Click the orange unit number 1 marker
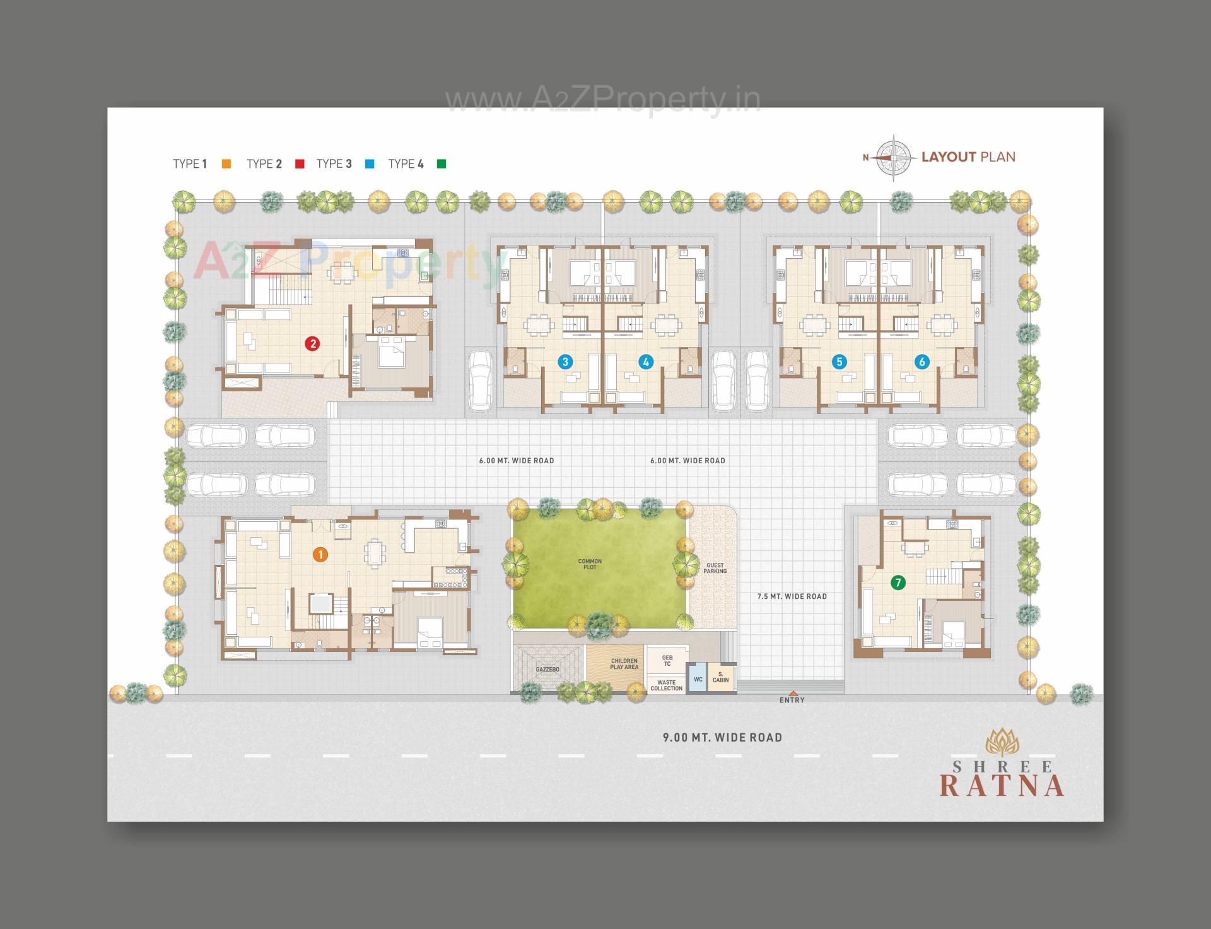click(320, 555)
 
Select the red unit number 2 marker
click(312, 344)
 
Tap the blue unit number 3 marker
click(565, 362)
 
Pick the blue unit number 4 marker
click(645, 362)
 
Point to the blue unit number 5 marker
click(839, 362)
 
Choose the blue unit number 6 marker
click(922, 362)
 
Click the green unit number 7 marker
click(898, 583)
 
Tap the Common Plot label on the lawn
click(590, 564)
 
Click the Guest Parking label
click(715, 568)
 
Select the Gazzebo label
click(547, 670)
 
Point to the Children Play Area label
click(624, 664)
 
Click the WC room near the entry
click(698, 680)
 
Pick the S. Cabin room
click(720, 677)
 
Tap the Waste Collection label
click(666, 685)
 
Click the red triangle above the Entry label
click(793, 693)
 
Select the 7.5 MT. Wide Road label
click(792, 596)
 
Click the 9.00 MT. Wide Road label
click(722, 737)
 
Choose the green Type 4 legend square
click(442, 164)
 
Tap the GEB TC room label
click(667, 661)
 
